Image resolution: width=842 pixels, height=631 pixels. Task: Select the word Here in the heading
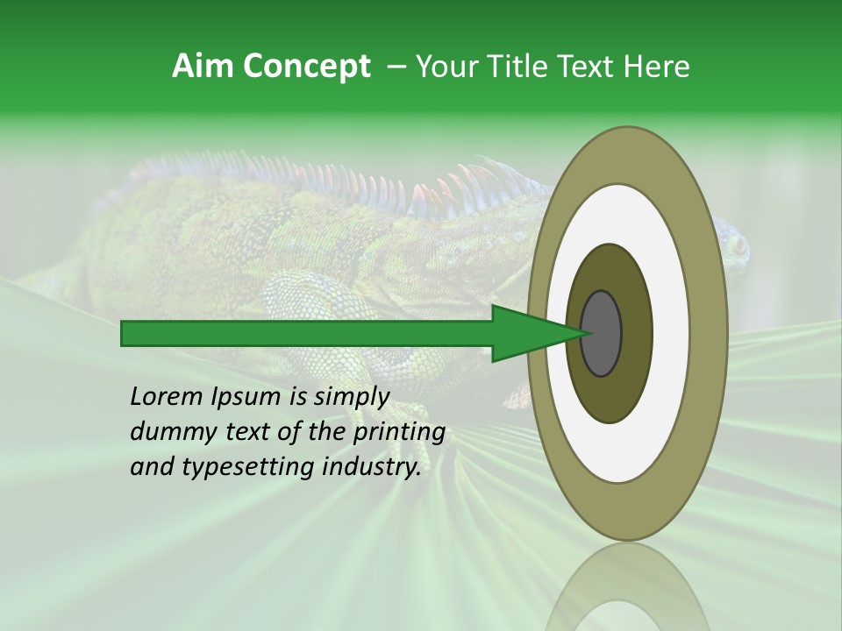pyautogui.click(x=657, y=67)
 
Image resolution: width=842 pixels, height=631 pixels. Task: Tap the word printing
pyautogui.click(x=400, y=431)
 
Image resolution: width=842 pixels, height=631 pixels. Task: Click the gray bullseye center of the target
pyautogui.click(x=601, y=333)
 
